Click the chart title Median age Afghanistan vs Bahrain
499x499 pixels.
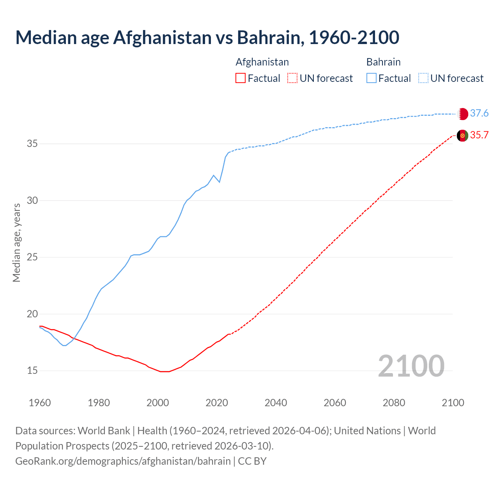point(207,37)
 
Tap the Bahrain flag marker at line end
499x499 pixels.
point(462,114)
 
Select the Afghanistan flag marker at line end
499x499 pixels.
point(462,136)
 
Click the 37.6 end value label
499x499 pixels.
point(479,113)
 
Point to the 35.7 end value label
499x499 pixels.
point(479,135)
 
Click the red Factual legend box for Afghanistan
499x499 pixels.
point(241,78)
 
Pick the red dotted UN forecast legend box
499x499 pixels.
point(292,78)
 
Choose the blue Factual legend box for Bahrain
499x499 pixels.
point(372,78)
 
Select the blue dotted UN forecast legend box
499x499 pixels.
point(423,78)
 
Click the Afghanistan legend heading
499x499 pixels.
point(262,62)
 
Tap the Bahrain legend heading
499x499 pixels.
point(383,62)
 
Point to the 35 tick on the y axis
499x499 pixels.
point(32,144)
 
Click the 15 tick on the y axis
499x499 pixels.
point(32,371)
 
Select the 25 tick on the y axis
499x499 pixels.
point(32,257)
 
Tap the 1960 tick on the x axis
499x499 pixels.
point(40,403)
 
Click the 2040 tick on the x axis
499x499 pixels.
point(276,403)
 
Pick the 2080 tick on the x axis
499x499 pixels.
point(394,403)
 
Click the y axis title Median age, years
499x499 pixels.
point(16,242)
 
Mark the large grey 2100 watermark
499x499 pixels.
point(411,366)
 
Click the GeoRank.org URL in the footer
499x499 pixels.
point(123,461)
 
